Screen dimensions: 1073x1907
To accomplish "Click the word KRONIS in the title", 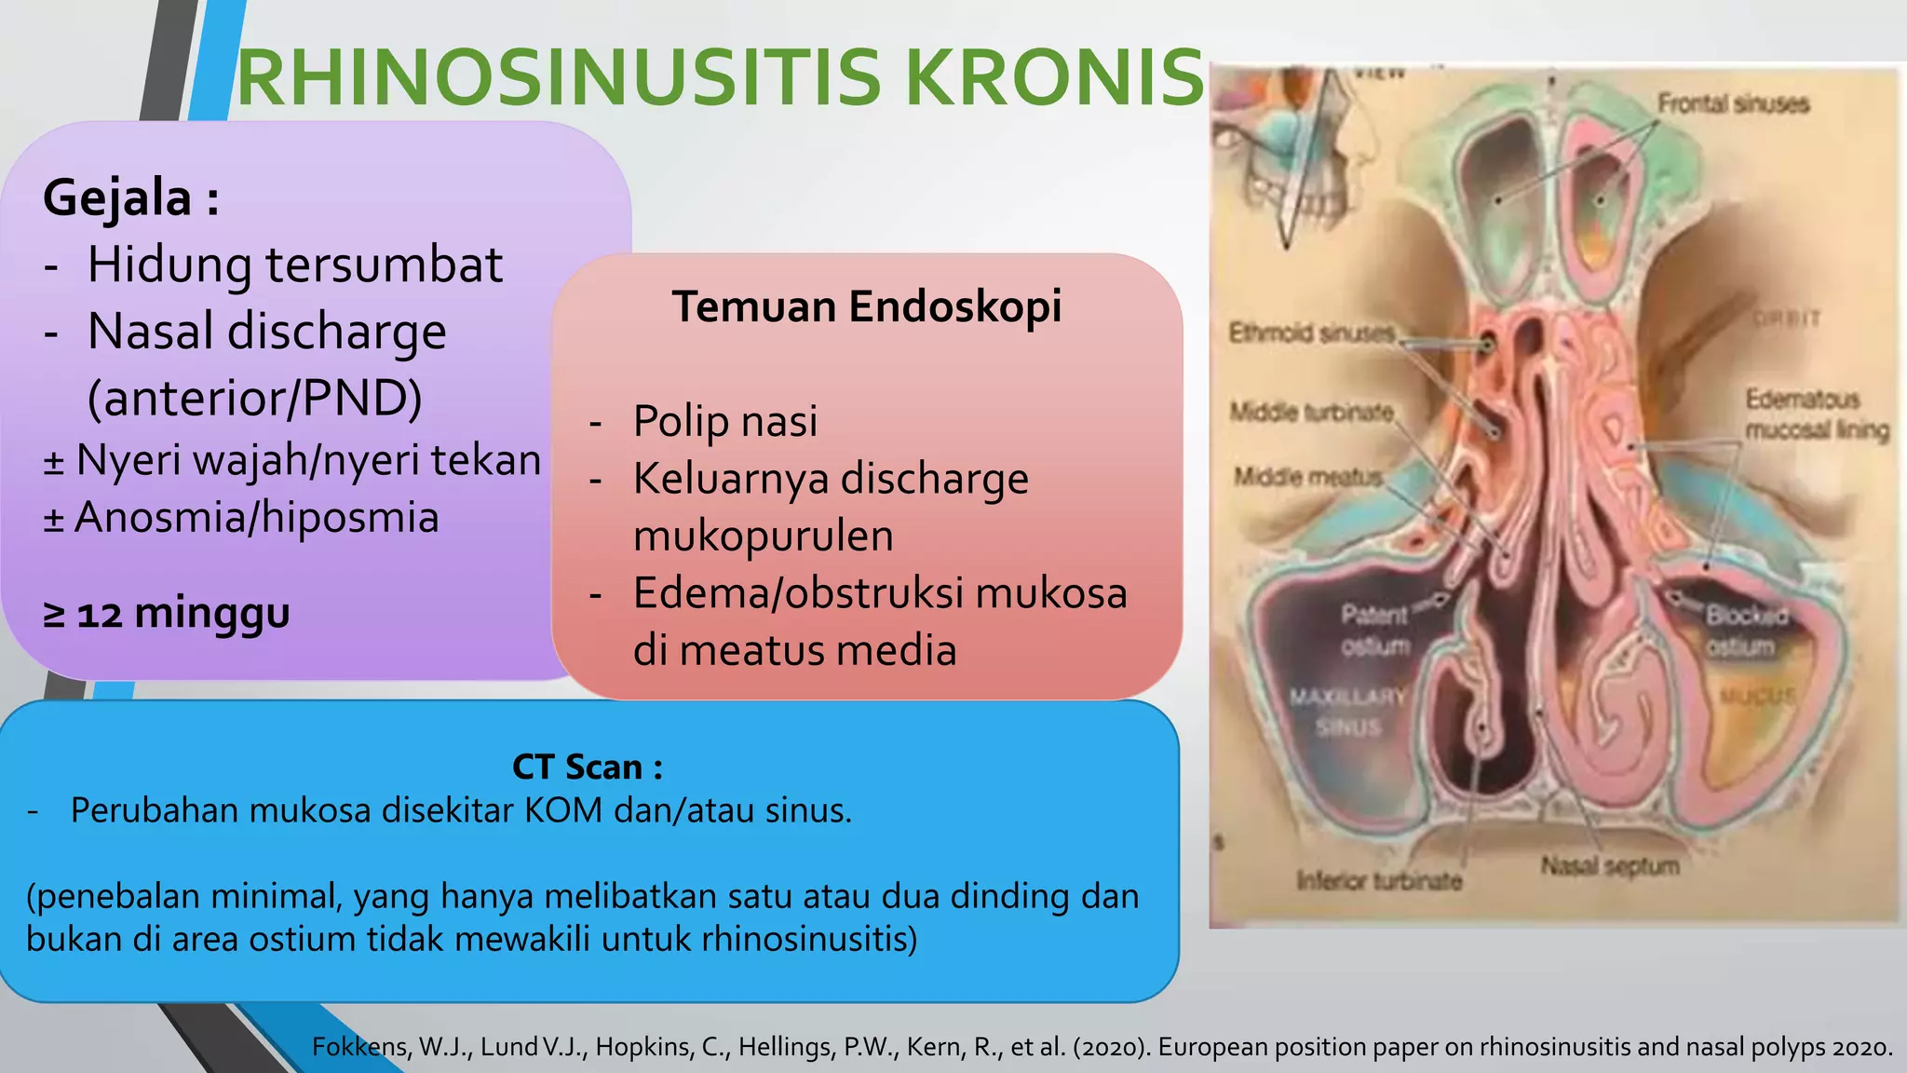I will point(1054,78).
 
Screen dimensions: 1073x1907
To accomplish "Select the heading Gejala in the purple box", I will point(117,197).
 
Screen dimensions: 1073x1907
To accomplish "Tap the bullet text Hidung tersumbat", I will point(294,265).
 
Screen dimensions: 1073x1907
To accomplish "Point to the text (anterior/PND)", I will point(254,398).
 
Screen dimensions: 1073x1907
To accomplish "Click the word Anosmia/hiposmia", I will point(256,518).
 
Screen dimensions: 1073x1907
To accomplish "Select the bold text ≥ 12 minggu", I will point(167,613).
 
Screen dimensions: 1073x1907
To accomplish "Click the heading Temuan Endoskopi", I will point(866,306).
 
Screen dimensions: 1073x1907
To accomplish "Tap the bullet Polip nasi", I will point(724,421).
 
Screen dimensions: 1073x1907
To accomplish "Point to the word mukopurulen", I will point(763,536).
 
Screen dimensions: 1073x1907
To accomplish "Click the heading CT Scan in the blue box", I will point(587,767).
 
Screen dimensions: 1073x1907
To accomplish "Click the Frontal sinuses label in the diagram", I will point(1732,103).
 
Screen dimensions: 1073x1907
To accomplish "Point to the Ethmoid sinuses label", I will point(1311,333).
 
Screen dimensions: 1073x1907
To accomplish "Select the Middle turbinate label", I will point(1311,412).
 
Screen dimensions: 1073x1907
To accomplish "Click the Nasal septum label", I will point(1609,866).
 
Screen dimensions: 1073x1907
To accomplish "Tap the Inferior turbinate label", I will point(1379,880).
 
